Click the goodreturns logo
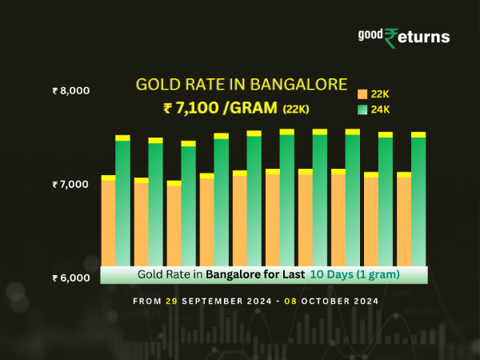[x=404, y=37]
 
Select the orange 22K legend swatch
[x=362, y=94]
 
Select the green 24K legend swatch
[x=362, y=109]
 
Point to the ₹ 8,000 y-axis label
[x=70, y=91]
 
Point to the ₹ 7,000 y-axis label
[x=70, y=185]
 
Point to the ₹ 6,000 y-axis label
[x=70, y=278]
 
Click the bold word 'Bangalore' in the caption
[x=234, y=274]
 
